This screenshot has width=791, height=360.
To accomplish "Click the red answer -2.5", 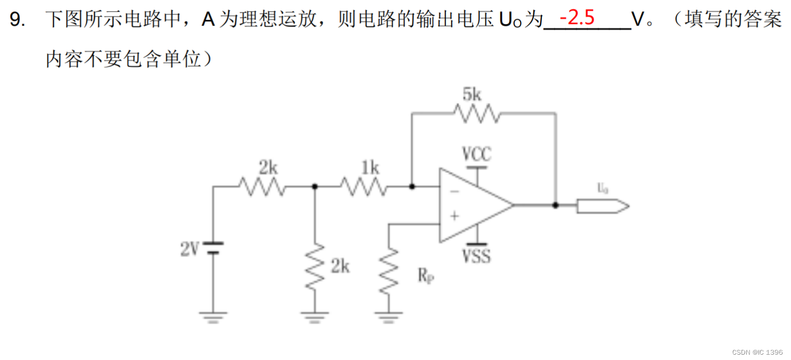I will pos(577,18).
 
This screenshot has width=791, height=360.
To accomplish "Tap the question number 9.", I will pos(18,20).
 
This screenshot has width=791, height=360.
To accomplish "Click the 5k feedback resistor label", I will pos(472,95).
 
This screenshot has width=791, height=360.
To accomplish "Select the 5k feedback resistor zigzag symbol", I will pos(476,113).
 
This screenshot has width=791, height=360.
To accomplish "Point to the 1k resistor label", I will pos(370,168).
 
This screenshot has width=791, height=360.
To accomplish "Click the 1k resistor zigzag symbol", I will pos(363,187).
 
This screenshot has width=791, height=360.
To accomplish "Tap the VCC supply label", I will pos(476,154).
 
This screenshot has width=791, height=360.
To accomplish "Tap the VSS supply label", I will pos(476,257).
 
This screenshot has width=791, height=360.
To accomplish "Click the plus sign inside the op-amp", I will pos(454,216).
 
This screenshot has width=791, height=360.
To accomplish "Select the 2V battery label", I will pos(189,249).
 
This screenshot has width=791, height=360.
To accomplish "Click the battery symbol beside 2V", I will pos(213,247).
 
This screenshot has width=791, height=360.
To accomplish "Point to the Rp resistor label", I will pos(425,275).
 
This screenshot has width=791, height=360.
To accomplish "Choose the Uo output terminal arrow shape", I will pos(602,205).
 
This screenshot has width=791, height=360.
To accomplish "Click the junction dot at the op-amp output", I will pos(555,205).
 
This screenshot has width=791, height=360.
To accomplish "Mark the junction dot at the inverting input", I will pos(411,187).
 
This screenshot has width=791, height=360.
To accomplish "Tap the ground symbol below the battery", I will pos(213,317).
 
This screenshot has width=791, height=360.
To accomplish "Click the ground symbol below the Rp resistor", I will pos(389,317).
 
